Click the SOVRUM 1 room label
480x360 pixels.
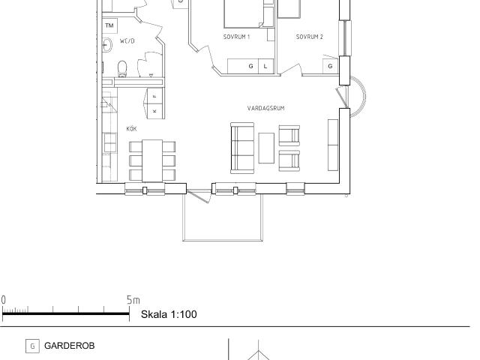[236, 37]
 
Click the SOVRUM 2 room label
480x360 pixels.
[310, 37]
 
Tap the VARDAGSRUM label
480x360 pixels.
[265, 108]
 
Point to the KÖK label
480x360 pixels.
[132, 128]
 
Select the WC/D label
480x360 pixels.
[127, 41]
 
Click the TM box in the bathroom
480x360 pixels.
[109, 25]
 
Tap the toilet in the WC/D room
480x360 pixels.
[122, 68]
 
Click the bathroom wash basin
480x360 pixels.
[106, 45]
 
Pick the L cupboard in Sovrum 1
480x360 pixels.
[265, 66]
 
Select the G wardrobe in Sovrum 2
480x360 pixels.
[330, 66]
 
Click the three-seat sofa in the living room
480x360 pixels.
[242, 148]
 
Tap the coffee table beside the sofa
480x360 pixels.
[266, 148]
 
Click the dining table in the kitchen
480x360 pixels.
[152, 161]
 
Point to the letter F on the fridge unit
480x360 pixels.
[154, 97]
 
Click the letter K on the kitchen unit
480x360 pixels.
[154, 111]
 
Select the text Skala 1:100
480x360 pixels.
[169, 314]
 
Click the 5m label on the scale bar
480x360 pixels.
[133, 300]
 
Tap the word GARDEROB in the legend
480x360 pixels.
[70, 346]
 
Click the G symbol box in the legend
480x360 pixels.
[32, 346]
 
